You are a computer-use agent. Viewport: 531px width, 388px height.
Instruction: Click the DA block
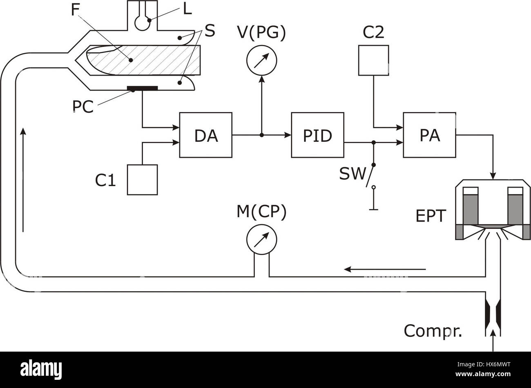tap(206, 135)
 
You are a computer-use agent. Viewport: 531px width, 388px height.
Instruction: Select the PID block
tap(317, 135)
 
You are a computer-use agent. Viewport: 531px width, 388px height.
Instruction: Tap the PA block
tap(429, 135)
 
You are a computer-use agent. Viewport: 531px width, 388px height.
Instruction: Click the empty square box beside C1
tap(143, 180)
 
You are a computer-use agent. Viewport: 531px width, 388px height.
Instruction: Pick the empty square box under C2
tap(373, 61)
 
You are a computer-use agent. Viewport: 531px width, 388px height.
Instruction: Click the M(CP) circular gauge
tap(262, 239)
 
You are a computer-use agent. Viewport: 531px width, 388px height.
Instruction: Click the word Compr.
tap(433, 331)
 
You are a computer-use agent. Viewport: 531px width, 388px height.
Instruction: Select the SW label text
tap(353, 174)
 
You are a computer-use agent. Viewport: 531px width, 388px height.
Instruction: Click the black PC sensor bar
tap(142, 88)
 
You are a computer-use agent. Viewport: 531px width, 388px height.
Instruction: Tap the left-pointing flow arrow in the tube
tap(384, 269)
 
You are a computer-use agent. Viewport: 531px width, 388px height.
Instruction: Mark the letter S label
tap(210, 31)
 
